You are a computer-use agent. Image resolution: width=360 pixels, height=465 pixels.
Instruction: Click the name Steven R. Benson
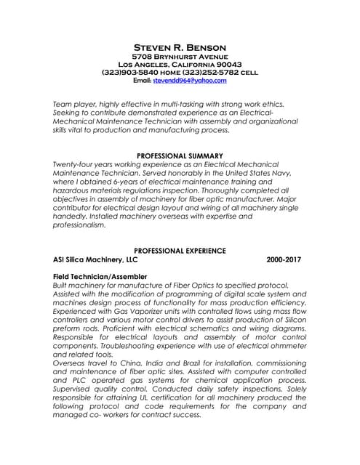(x=180, y=47)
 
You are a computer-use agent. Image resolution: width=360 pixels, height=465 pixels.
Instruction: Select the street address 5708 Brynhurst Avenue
(x=180, y=57)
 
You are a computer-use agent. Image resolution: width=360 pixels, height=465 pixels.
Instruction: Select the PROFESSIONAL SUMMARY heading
(x=180, y=156)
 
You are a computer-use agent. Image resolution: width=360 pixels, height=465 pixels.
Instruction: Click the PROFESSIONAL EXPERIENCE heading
(x=180, y=251)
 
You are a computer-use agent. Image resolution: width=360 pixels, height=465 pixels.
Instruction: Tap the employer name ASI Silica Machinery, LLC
(x=95, y=259)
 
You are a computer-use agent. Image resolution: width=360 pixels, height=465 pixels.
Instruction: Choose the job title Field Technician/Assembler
(x=100, y=277)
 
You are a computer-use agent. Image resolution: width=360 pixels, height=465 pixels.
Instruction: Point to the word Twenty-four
(x=74, y=165)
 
